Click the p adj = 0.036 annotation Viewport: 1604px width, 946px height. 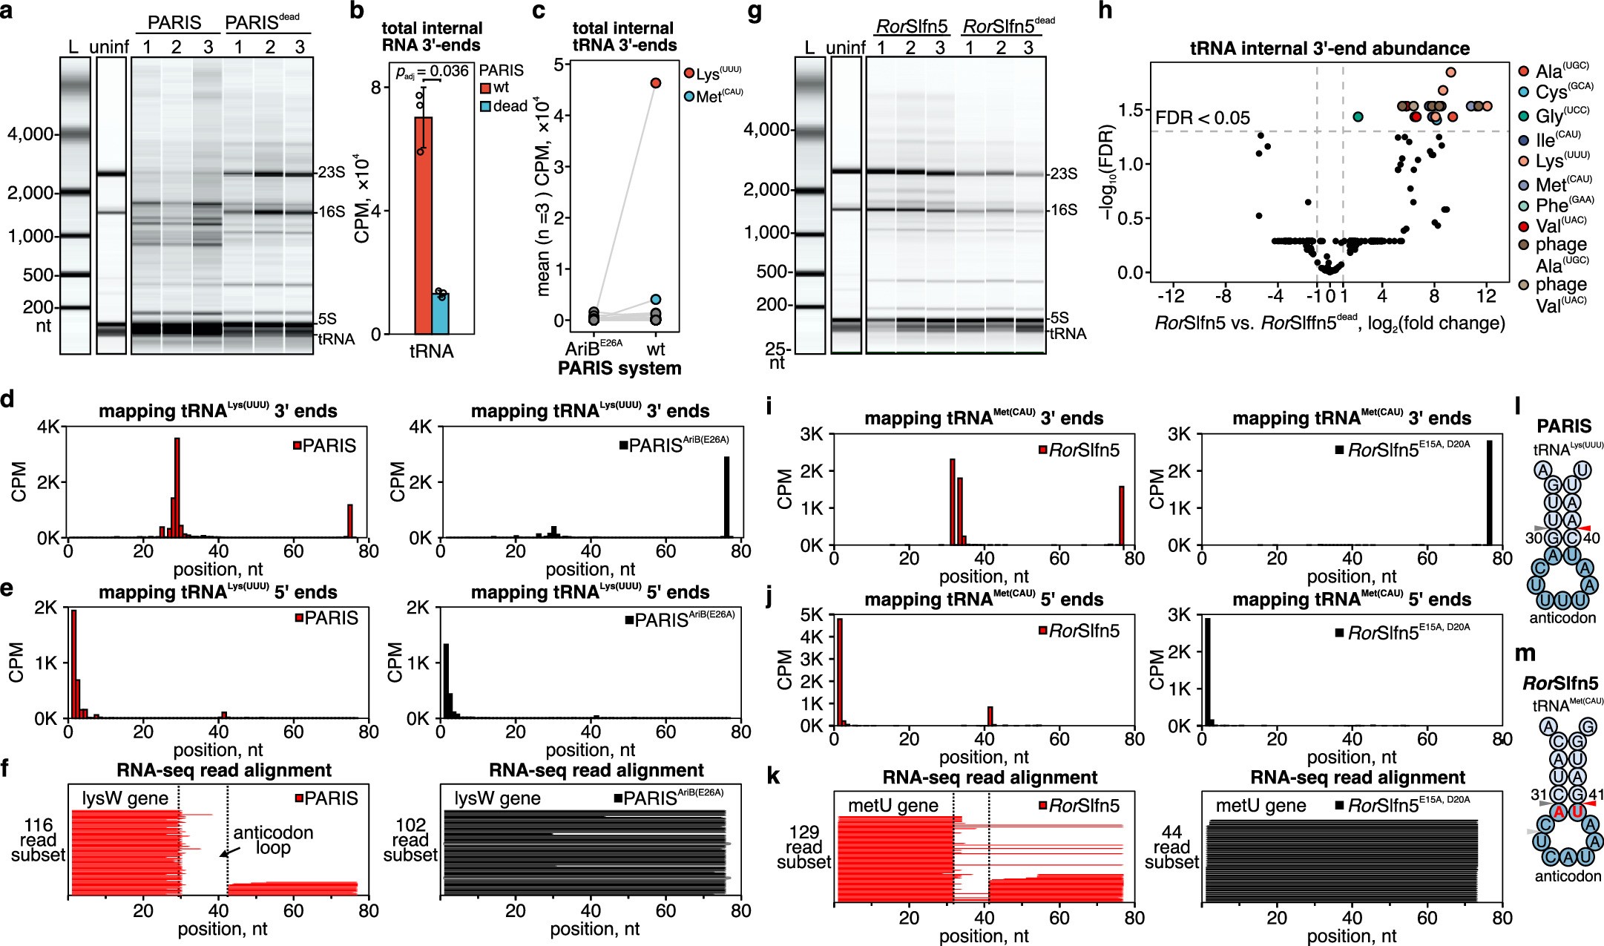click(x=432, y=71)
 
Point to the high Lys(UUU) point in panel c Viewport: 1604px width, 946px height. click(x=656, y=83)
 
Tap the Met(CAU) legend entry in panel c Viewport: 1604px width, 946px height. click(x=711, y=96)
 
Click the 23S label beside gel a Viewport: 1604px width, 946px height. click(x=332, y=172)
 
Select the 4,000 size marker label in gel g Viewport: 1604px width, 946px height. click(x=766, y=130)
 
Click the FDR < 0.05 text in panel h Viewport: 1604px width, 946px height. click(x=1203, y=118)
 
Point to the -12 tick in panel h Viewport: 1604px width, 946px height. click(x=1171, y=295)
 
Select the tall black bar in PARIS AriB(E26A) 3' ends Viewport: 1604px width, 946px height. click(x=727, y=496)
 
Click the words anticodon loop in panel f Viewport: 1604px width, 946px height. click(x=273, y=840)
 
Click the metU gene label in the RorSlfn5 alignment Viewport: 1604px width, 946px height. click(x=893, y=806)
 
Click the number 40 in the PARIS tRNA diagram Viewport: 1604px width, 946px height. click(x=1591, y=538)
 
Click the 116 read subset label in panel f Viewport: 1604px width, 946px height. click(x=38, y=840)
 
